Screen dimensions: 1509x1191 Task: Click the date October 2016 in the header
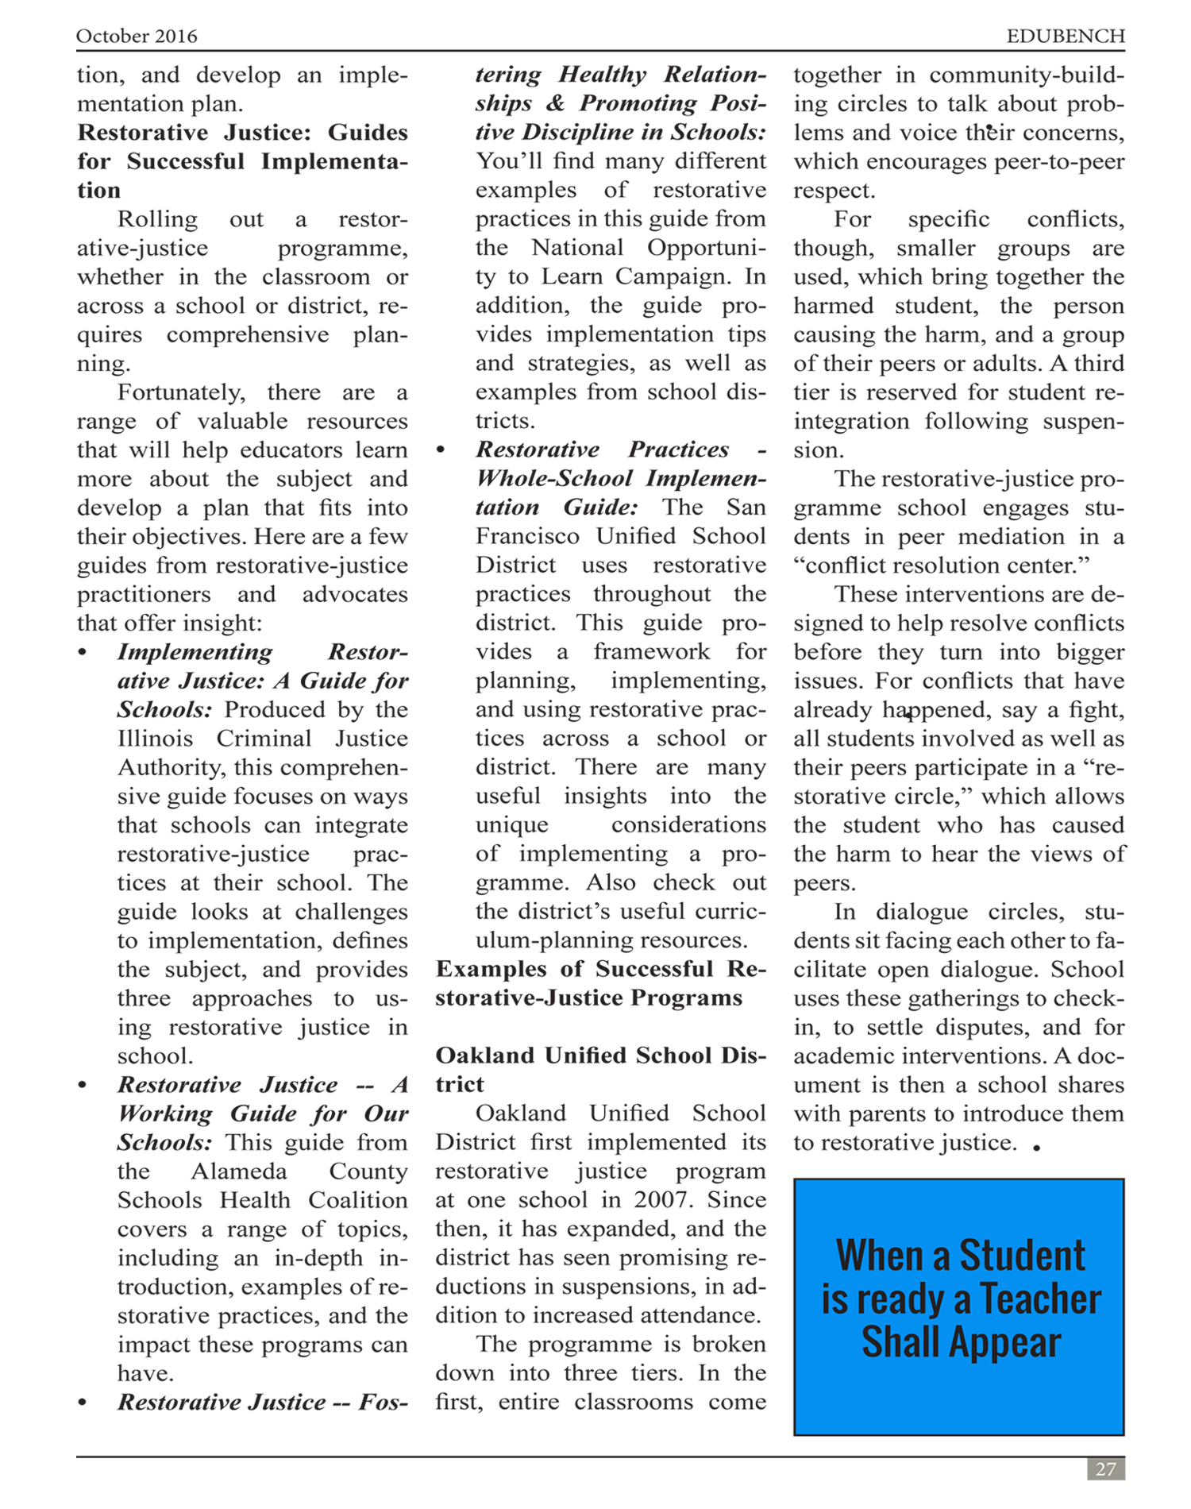coord(137,37)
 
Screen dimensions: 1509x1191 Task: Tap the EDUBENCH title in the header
coord(1065,37)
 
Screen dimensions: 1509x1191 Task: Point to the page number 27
coord(1105,1468)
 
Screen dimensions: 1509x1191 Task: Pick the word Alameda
coord(236,1171)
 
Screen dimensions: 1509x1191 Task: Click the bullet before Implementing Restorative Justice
coord(83,653)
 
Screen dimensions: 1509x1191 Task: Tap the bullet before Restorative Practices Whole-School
coord(441,450)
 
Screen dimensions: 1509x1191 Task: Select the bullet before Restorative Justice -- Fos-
coord(83,1403)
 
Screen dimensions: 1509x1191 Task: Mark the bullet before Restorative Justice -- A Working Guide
coord(83,1086)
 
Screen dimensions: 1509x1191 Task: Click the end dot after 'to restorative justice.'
coord(1037,1147)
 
